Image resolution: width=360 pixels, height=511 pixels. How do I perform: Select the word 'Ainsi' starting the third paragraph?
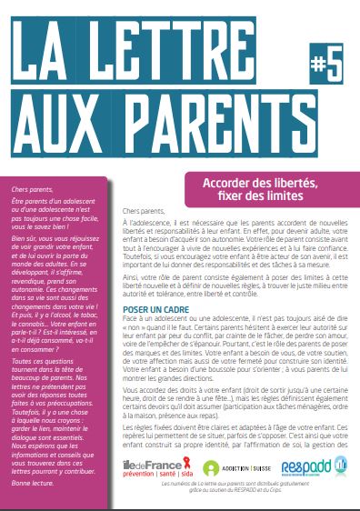pos(129,282)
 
